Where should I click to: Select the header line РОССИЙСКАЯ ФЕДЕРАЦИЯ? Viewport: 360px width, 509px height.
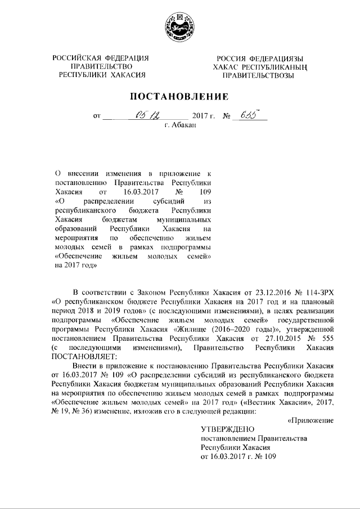(101, 58)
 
